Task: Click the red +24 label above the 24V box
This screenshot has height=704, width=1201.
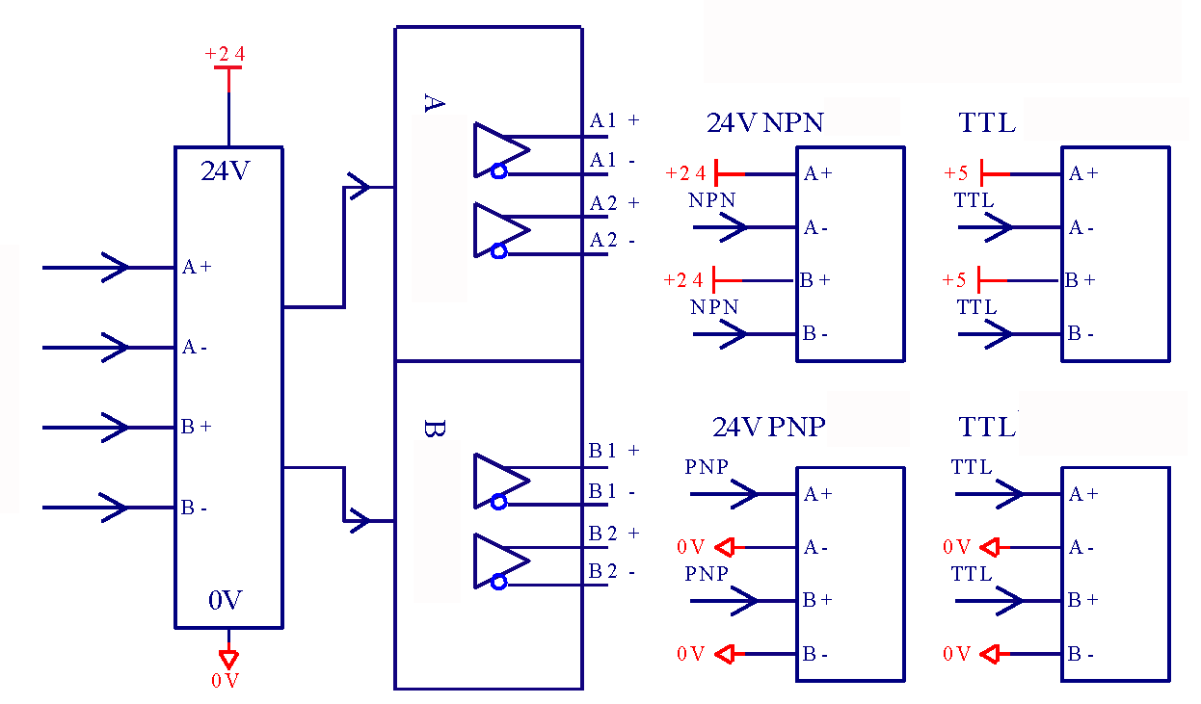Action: [225, 54]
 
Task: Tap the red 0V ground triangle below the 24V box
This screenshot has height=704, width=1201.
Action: [229, 660]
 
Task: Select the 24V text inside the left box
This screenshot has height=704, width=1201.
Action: [226, 170]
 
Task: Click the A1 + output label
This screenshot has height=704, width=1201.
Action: [614, 120]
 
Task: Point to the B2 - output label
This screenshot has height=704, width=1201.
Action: [612, 571]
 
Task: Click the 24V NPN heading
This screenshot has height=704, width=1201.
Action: [765, 122]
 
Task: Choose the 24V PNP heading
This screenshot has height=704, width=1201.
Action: [769, 427]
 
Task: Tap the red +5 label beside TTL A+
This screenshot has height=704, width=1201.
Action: [956, 173]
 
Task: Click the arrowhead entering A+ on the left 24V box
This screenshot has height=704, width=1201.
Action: [115, 267]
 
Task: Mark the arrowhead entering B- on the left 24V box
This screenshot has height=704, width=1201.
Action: [115, 507]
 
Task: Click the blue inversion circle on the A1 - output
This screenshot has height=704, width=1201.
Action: [498, 171]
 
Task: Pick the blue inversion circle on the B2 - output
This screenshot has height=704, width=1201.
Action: [498, 582]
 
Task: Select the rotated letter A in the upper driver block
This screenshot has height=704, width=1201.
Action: [434, 103]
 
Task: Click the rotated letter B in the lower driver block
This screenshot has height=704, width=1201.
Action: [434, 429]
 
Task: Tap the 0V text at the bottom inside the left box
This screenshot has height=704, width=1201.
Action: [226, 600]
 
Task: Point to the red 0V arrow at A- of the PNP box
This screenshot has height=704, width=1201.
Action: [726, 548]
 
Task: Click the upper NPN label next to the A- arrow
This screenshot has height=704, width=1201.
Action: [711, 200]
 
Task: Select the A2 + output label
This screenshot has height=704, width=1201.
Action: [614, 203]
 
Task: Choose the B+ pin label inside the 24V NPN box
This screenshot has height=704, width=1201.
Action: [815, 280]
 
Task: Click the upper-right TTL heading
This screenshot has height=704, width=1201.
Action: [987, 122]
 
